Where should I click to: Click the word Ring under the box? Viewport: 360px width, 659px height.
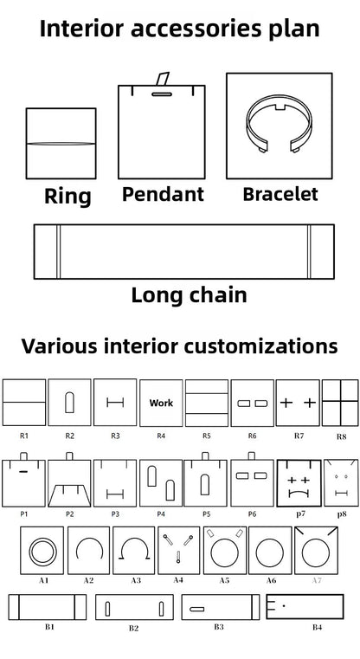(x=67, y=197)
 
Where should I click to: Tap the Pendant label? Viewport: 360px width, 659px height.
(x=163, y=194)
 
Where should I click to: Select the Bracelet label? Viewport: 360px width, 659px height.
(x=280, y=194)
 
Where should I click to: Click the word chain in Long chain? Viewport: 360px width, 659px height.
(x=217, y=294)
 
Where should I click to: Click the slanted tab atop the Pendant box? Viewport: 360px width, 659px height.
(x=162, y=79)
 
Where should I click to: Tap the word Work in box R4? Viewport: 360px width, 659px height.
(x=161, y=403)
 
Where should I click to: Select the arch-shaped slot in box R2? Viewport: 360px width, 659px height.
(x=69, y=403)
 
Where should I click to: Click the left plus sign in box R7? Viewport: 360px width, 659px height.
(x=286, y=403)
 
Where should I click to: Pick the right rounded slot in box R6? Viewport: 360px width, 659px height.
(x=260, y=404)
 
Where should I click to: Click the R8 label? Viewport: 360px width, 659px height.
(x=342, y=436)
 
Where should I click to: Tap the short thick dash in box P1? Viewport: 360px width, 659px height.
(x=23, y=472)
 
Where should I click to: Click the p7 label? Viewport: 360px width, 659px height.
(x=300, y=514)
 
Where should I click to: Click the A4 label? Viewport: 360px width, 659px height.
(x=178, y=580)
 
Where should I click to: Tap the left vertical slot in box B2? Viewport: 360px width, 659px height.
(x=107, y=609)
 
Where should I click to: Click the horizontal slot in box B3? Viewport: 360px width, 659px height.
(x=197, y=609)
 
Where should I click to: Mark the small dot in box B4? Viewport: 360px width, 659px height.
(x=284, y=605)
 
